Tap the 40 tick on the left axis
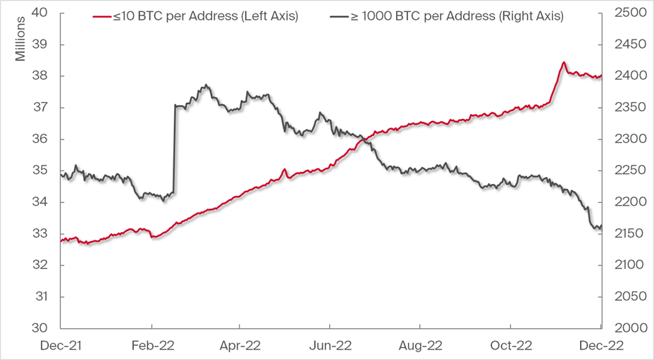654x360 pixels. (x=40, y=13)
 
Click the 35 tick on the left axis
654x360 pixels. (x=40, y=170)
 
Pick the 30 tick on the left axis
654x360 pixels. (x=40, y=328)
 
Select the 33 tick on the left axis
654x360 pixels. (x=40, y=234)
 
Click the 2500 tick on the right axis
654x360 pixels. (x=626, y=13)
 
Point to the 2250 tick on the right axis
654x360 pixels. (x=626, y=170)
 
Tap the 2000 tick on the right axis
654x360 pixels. (x=626, y=328)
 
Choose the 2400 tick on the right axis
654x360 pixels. (x=626, y=76)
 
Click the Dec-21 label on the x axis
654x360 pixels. (x=61, y=345)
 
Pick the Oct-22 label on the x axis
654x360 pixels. (x=510, y=345)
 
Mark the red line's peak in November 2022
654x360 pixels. (x=564, y=63)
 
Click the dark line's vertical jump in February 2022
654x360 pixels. (x=173, y=148)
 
